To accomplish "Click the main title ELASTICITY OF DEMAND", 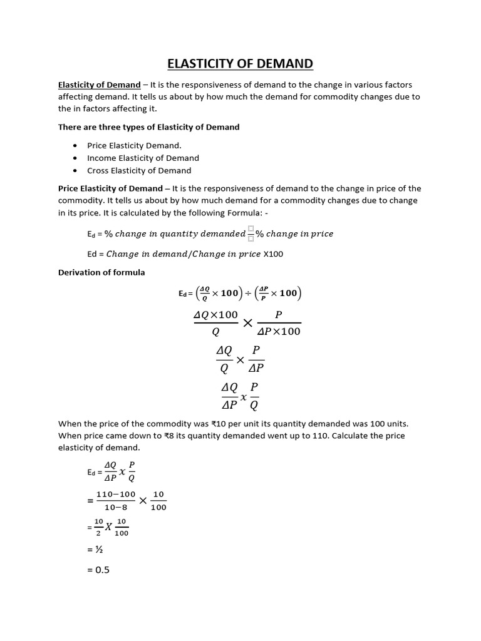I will pyautogui.click(x=240, y=64).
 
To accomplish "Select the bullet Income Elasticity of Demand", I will pyautogui.click(x=143, y=158).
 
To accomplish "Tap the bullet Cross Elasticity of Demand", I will pyautogui.click(x=139, y=170).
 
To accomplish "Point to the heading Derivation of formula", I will pyautogui.click(x=101, y=272).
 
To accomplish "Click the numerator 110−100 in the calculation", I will pyautogui.click(x=116, y=495).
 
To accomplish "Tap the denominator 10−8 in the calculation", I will pyautogui.click(x=116, y=508).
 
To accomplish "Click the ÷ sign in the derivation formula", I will pyautogui.click(x=247, y=293).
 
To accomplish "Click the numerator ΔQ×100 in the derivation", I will pyautogui.click(x=215, y=315).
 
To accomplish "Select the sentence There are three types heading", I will pyautogui.click(x=148, y=127).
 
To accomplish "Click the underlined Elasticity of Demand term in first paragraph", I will pyautogui.click(x=99, y=85).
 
